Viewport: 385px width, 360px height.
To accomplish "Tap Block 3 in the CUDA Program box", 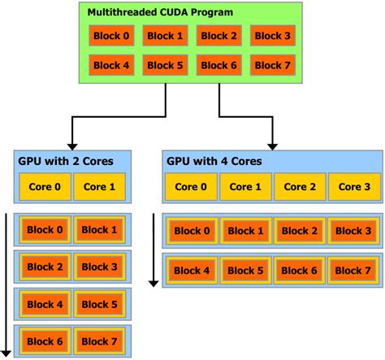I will click(x=272, y=36).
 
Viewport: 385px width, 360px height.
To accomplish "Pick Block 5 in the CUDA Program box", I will click(x=165, y=65).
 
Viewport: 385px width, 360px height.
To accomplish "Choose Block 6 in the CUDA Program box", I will click(x=218, y=65).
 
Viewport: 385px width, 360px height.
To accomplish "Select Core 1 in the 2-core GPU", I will click(x=99, y=186).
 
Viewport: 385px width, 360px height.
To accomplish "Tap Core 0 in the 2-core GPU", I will click(x=45, y=186).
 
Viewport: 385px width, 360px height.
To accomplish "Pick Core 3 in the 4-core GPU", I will click(x=353, y=186).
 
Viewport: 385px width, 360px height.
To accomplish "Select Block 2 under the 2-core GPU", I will click(x=45, y=267).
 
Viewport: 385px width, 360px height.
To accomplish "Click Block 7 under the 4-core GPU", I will click(x=353, y=270).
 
